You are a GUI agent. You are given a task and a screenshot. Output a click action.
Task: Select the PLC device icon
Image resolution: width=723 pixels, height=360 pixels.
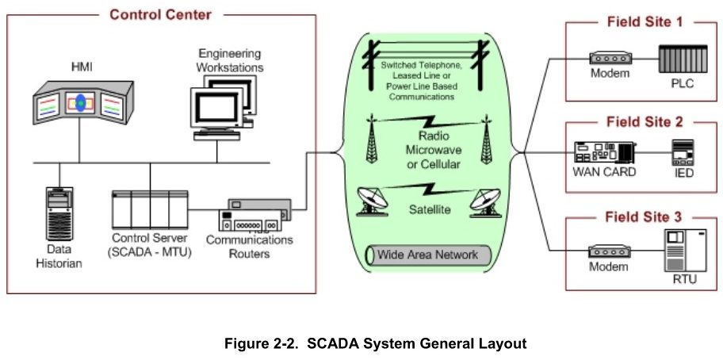680,59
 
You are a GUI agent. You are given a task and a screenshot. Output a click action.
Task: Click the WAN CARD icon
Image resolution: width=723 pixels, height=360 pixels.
605,150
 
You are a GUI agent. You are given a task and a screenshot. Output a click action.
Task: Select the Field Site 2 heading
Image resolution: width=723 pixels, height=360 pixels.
643,122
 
